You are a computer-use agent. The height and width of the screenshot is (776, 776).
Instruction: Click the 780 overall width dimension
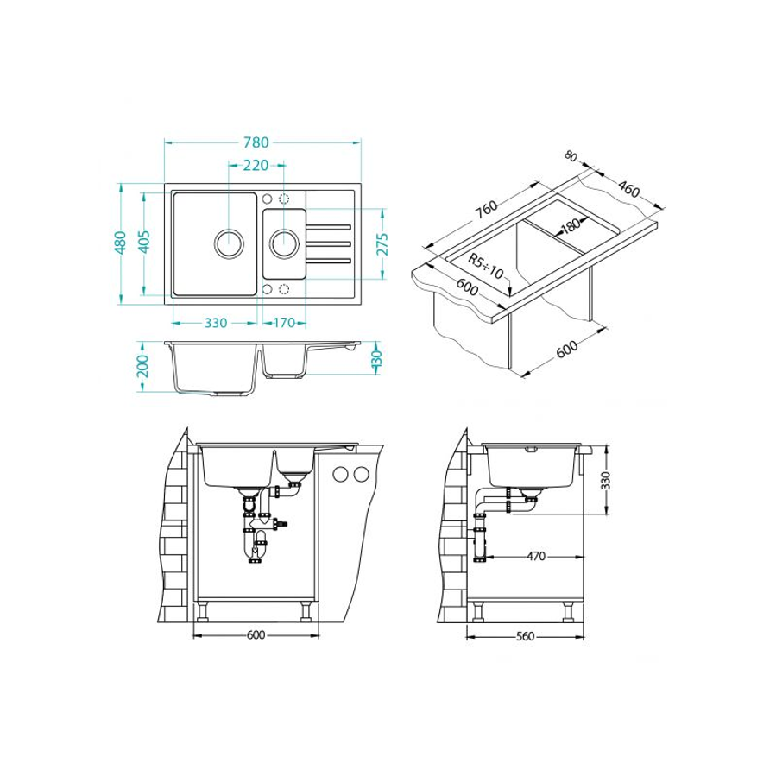tap(256, 142)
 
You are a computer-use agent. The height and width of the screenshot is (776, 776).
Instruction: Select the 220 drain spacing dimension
tap(256, 165)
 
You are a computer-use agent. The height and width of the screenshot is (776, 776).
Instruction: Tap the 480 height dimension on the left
tap(120, 243)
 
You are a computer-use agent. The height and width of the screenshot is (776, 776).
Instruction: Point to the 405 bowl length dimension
tap(143, 242)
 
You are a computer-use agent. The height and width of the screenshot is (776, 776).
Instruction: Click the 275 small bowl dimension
tap(382, 244)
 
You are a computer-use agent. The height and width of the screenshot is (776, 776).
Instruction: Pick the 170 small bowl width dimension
tap(284, 323)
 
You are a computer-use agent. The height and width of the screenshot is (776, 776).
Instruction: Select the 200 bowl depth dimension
tap(142, 366)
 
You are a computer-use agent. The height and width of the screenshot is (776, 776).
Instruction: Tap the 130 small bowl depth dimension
tap(376, 357)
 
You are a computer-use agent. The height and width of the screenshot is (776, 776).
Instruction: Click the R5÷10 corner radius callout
tap(485, 266)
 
